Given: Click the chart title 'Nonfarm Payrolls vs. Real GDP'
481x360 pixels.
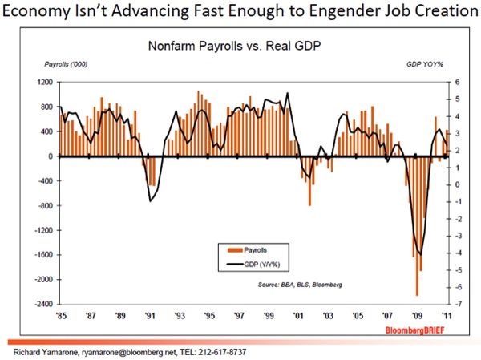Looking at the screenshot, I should coord(241,46).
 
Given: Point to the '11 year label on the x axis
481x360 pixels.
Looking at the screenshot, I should coord(422,315).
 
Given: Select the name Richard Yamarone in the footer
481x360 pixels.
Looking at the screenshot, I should coord(38,350).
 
